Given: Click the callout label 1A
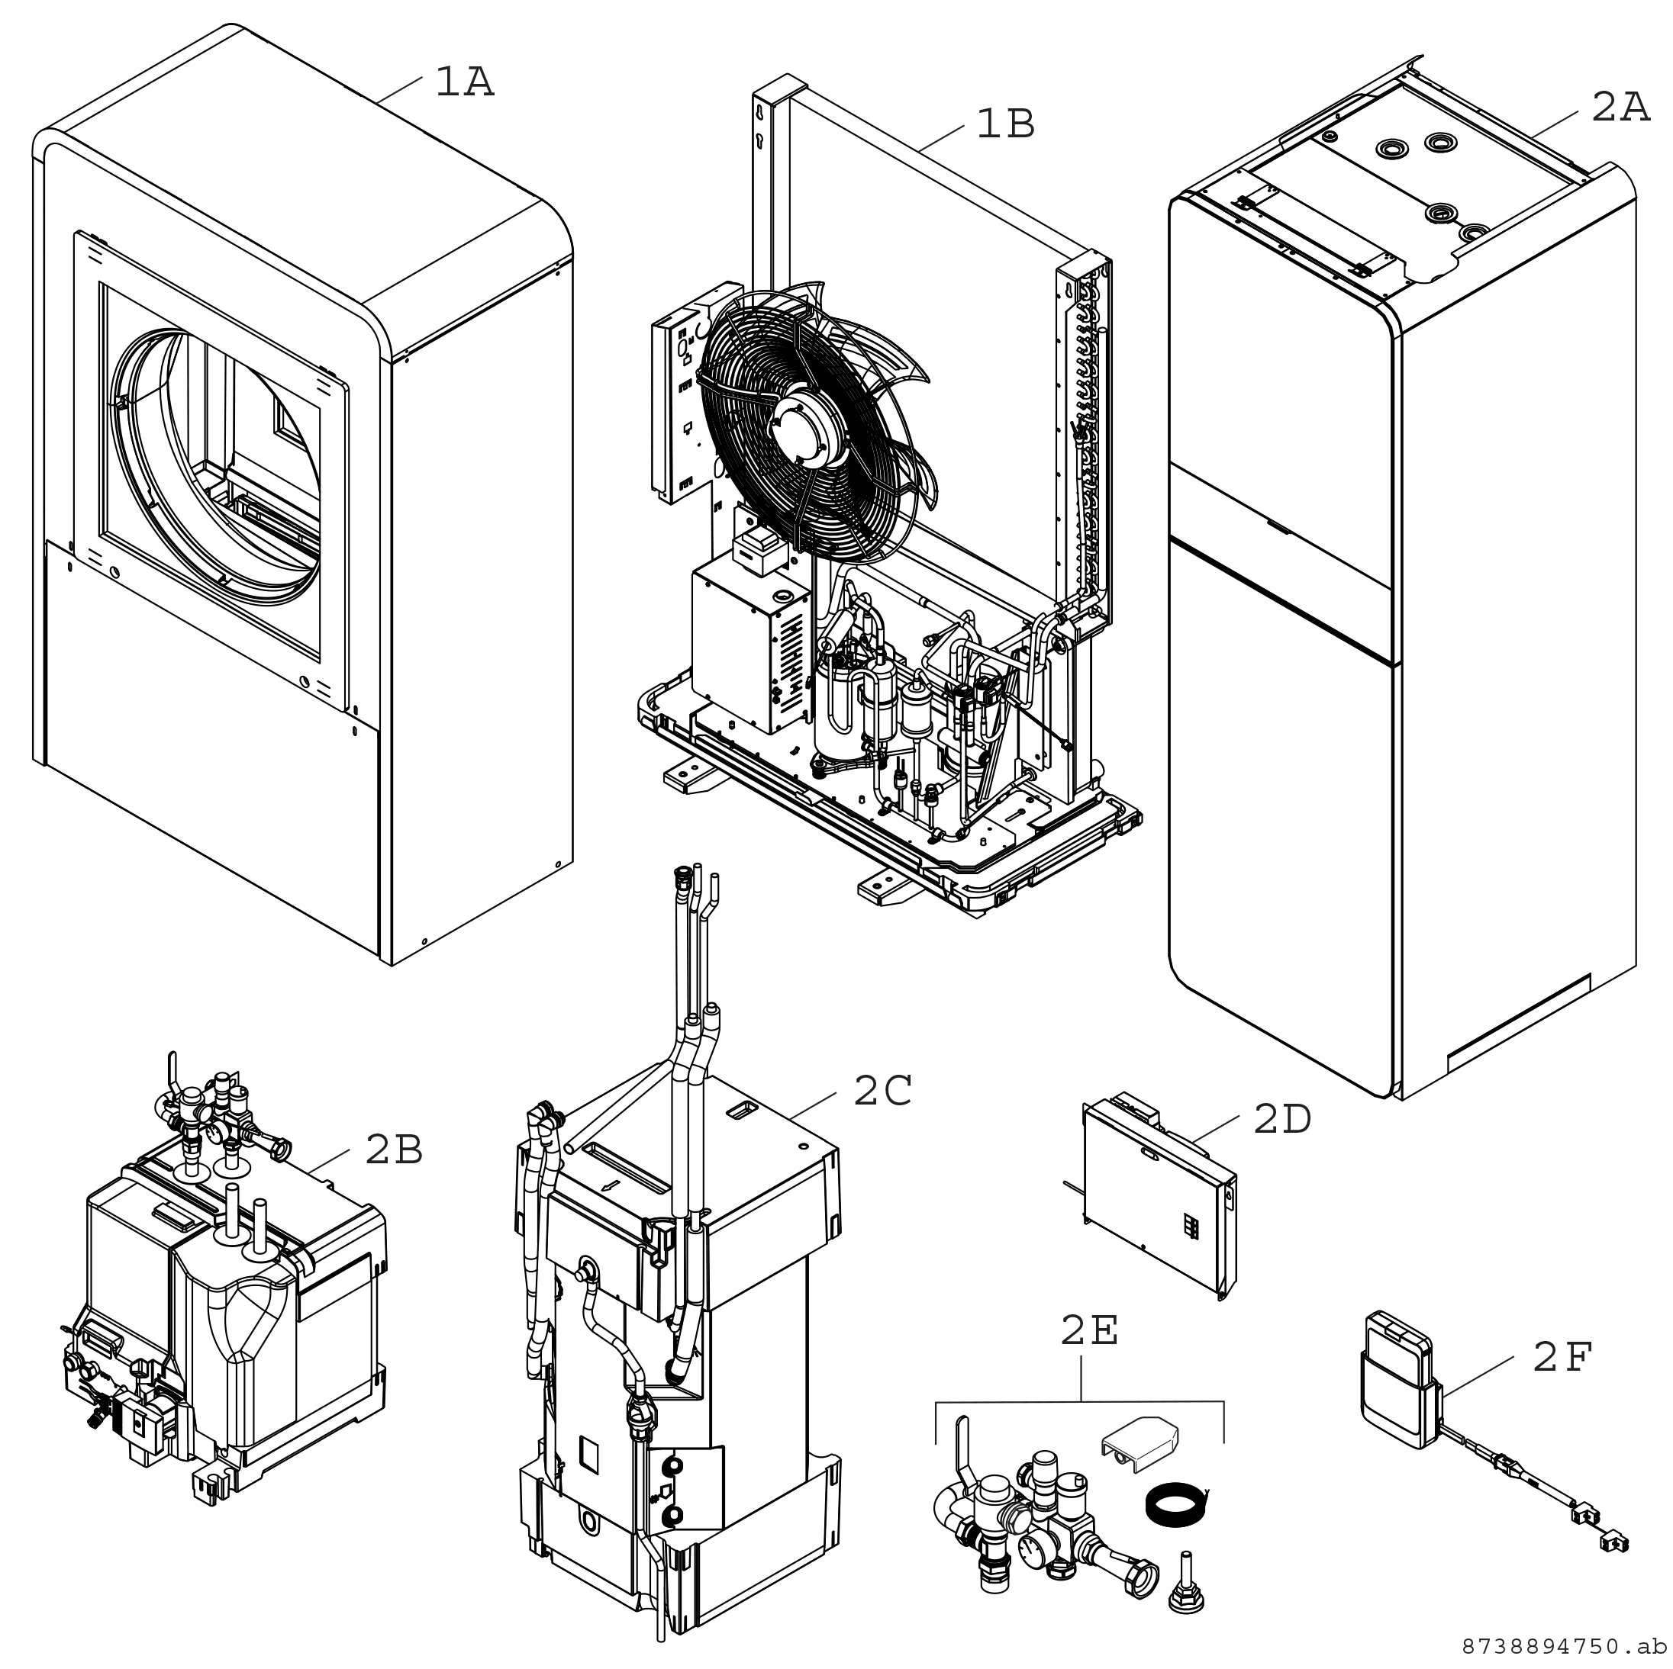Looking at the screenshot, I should [464, 83].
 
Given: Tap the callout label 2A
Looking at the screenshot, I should [1620, 109].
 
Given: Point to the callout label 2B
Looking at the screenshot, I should [394, 1150].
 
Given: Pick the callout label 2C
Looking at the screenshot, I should [882, 1092].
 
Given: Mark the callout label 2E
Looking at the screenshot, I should [1089, 1331].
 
